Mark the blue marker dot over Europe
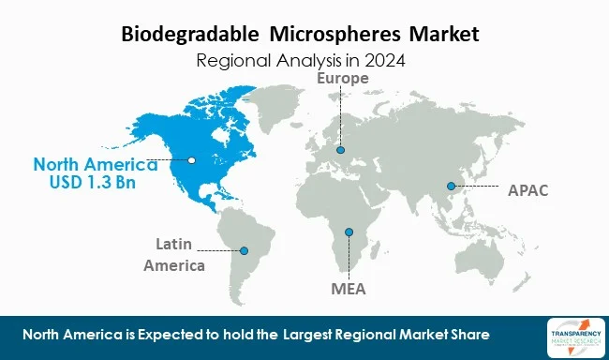[x=341, y=149]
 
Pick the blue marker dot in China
[x=451, y=185]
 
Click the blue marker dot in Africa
[x=349, y=232]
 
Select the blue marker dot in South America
[x=244, y=250]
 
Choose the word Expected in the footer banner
[x=164, y=336]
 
